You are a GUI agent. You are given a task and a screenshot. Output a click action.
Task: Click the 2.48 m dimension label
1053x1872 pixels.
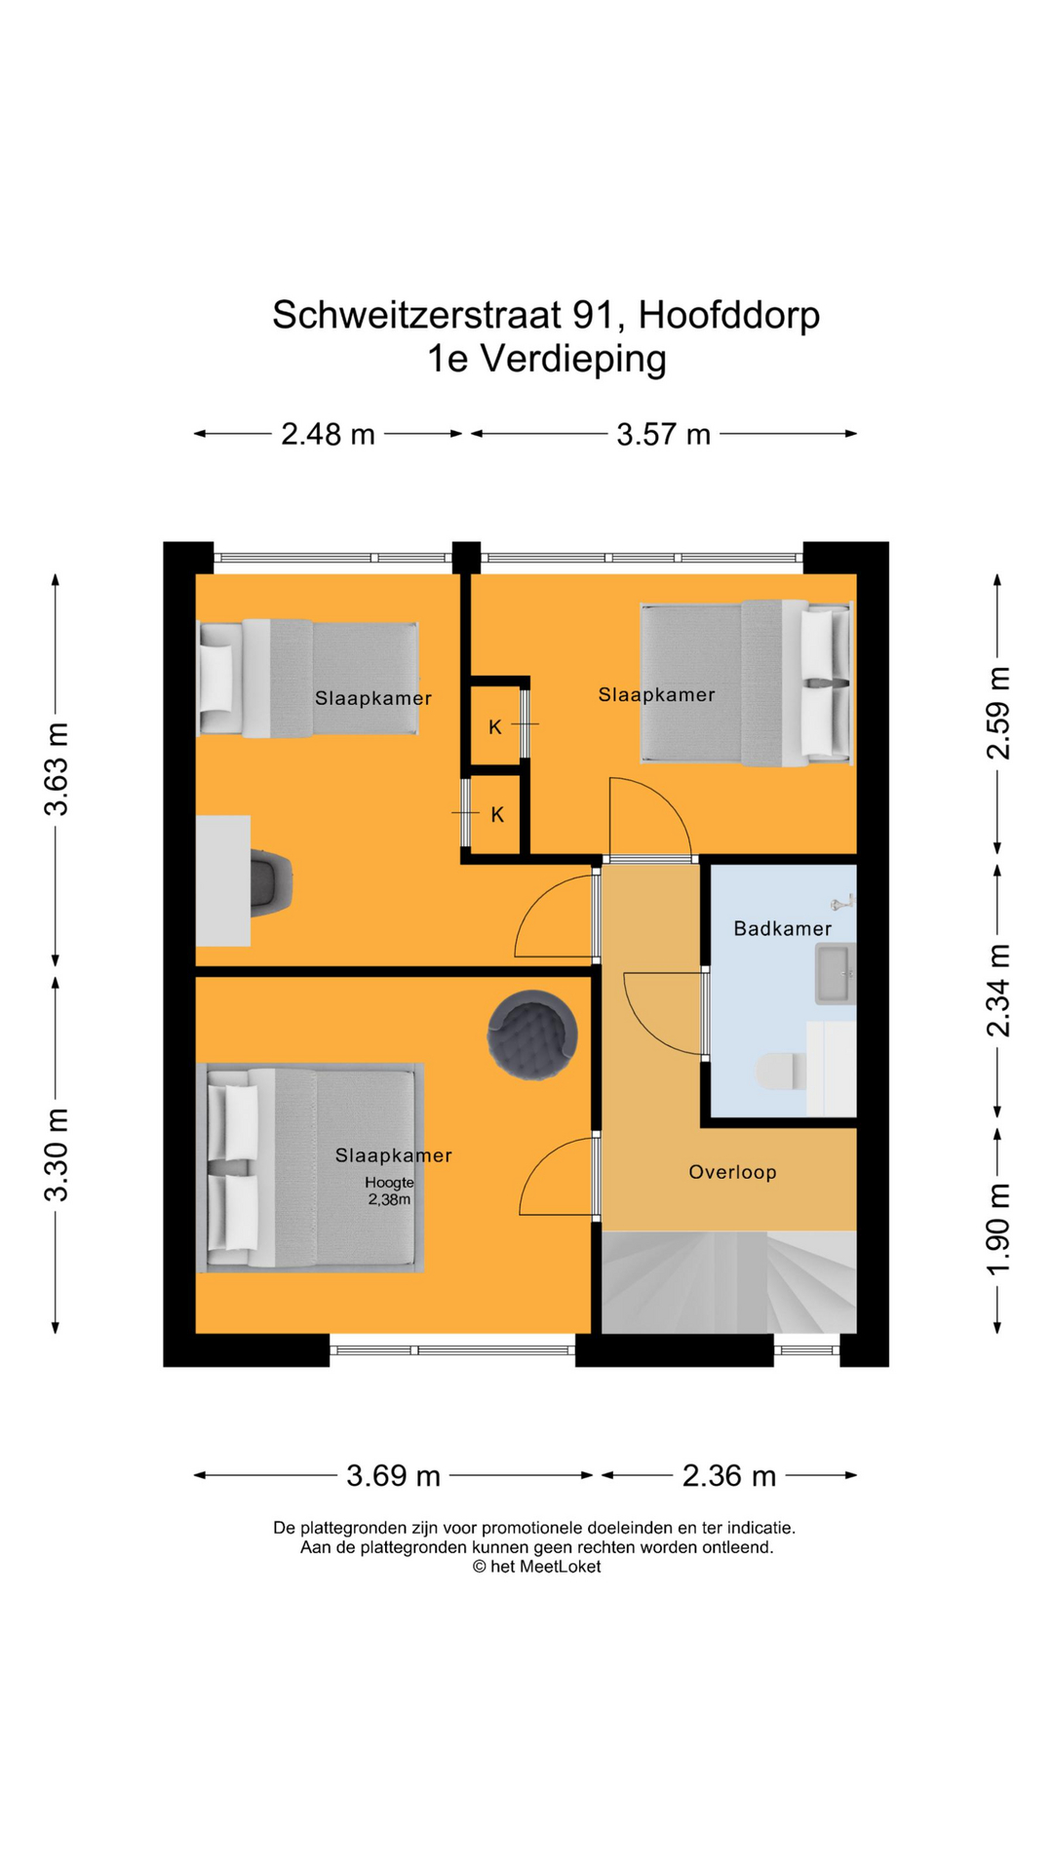coord(328,434)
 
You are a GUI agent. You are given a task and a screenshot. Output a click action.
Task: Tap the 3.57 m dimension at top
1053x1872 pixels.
coord(663,434)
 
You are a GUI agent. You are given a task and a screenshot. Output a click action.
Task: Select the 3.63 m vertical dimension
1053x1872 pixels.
coord(57,769)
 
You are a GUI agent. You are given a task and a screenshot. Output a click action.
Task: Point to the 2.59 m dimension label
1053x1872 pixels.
coord(998,713)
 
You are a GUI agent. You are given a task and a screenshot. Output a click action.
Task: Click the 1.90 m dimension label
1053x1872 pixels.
coord(998,1228)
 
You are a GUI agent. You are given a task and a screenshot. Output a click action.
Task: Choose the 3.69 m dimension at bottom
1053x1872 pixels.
coord(393,1475)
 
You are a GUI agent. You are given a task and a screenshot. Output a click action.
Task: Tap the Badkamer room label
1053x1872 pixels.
coord(782,929)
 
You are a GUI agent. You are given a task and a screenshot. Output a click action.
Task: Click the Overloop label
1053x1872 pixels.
coord(732,1172)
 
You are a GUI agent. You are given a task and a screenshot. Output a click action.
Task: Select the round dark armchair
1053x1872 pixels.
coord(532,1034)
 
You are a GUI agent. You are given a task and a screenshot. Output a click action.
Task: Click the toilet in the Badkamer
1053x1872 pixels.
coord(780,1071)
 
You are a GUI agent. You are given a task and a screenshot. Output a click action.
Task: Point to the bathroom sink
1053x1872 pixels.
coord(835,973)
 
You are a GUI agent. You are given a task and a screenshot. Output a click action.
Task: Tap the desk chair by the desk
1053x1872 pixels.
coord(272,882)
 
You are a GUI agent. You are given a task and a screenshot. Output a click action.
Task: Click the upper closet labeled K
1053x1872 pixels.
coord(495,726)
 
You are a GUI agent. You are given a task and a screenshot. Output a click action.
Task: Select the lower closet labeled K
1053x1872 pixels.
coord(497,814)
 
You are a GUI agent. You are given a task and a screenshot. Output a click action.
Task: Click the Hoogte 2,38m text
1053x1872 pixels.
coord(389,1190)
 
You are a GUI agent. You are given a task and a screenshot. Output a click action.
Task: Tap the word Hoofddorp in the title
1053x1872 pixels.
coord(729,315)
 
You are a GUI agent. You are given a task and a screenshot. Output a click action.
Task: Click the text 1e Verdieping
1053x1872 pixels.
coord(546,359)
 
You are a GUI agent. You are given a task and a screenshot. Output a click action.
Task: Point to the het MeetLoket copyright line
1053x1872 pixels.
coord(537,1566)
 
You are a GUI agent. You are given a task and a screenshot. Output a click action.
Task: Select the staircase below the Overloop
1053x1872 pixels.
coord(728,1282)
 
